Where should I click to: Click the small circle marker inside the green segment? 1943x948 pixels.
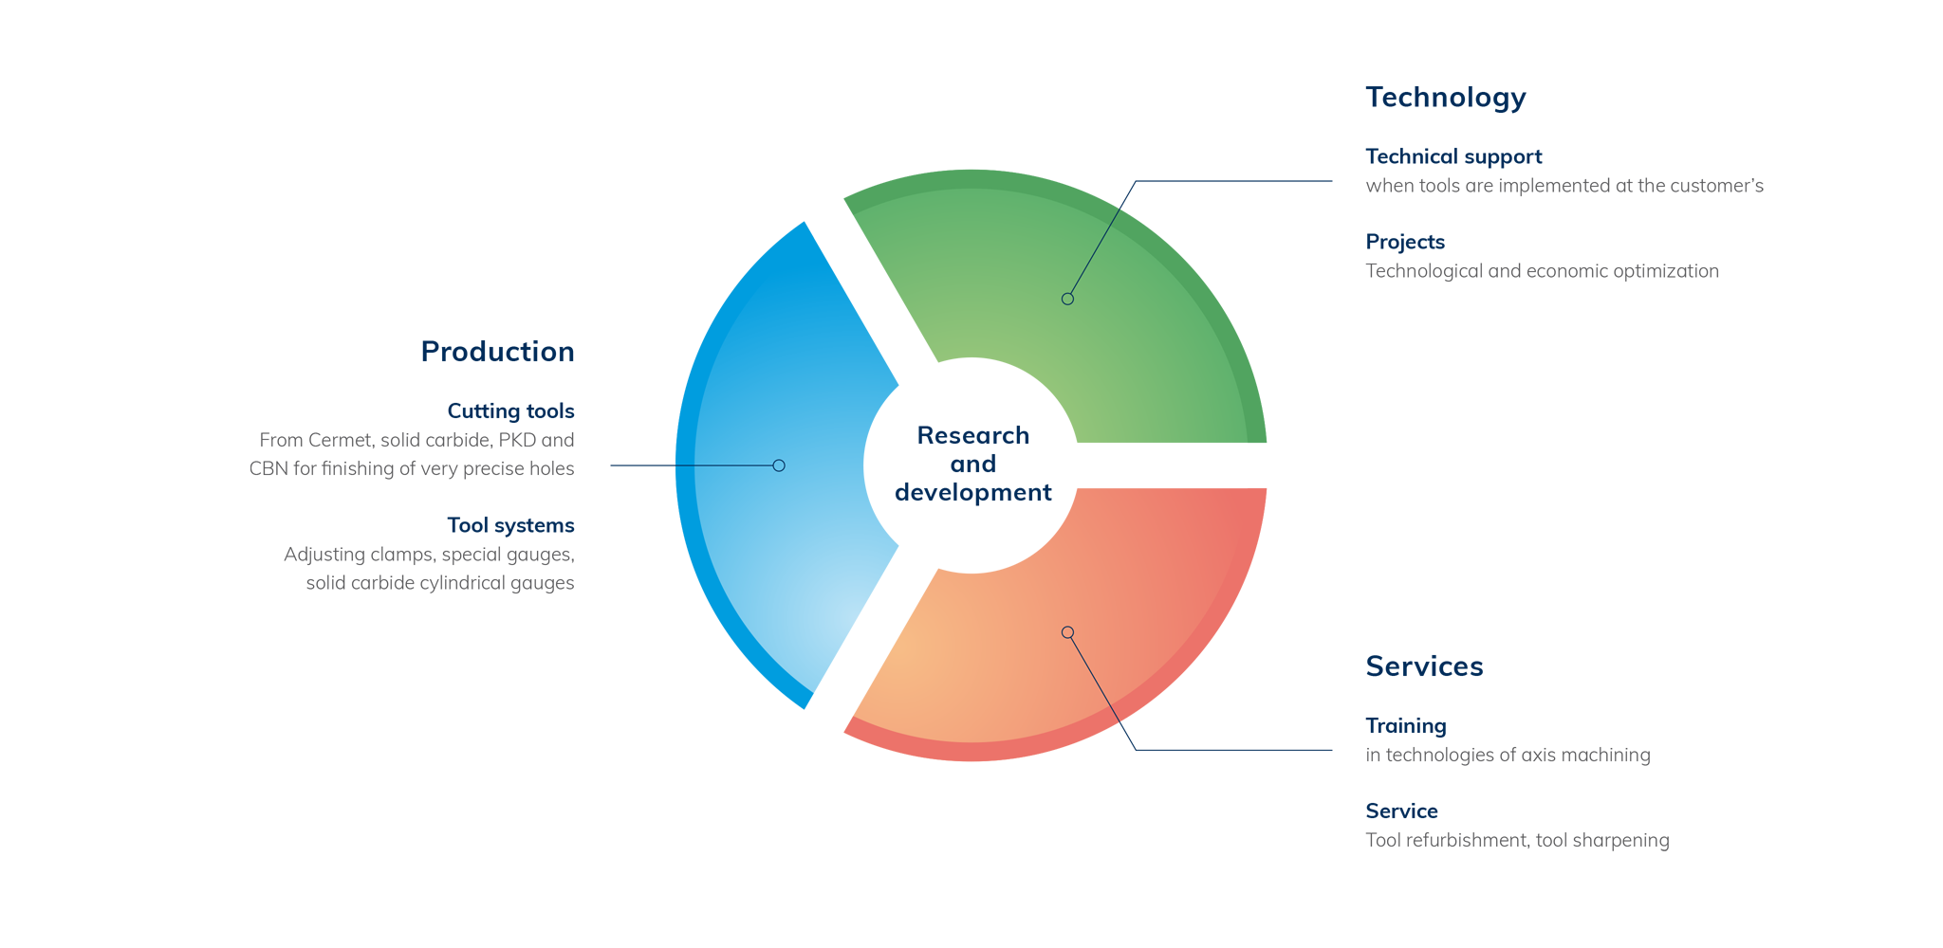point(1067,299)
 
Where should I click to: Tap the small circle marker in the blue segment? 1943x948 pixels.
point(779,465)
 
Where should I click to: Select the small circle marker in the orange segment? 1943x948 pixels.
point(1067,632)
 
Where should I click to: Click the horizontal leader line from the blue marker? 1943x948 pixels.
point(726,465)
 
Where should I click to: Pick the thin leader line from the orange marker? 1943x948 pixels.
point(1094,678)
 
